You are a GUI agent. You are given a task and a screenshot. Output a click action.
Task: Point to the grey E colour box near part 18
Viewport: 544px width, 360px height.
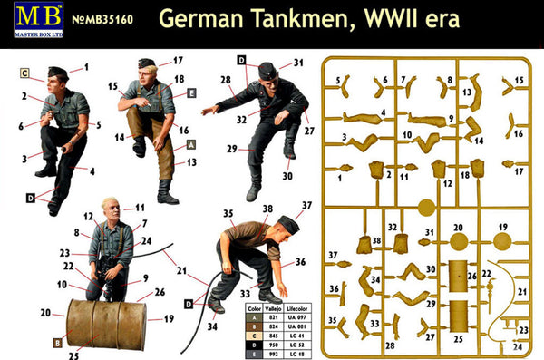click(191, 92)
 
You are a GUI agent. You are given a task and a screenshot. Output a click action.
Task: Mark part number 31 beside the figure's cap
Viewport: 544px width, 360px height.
click(297, 63)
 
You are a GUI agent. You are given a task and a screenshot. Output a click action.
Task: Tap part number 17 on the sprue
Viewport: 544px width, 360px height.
click(520, 170)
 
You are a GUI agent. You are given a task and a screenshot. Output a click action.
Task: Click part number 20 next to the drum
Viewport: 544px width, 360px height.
click(46, 312)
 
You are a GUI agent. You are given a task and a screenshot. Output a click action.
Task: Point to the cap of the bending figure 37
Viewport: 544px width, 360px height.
click(289, 223)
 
